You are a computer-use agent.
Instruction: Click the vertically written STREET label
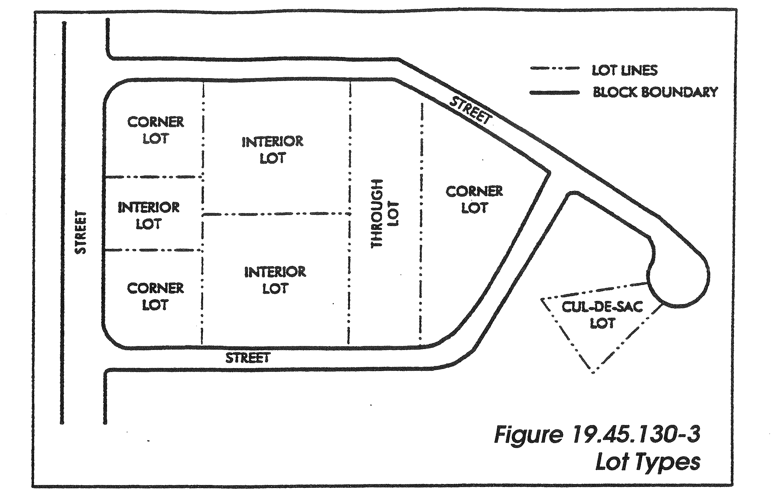[81, 232]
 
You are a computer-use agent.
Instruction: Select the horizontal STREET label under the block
[248, 358]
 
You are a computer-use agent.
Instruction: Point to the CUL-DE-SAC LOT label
[602, 315]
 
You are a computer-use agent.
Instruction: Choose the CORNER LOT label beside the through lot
[474, 200]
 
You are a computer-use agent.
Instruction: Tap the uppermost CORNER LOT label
[156, 130]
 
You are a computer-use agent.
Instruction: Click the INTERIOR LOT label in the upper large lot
[272, 150]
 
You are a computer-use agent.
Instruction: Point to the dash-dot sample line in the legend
[555, 69]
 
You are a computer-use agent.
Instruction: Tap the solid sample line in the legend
[555, 93]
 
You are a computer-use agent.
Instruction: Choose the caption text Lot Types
[648, 463]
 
